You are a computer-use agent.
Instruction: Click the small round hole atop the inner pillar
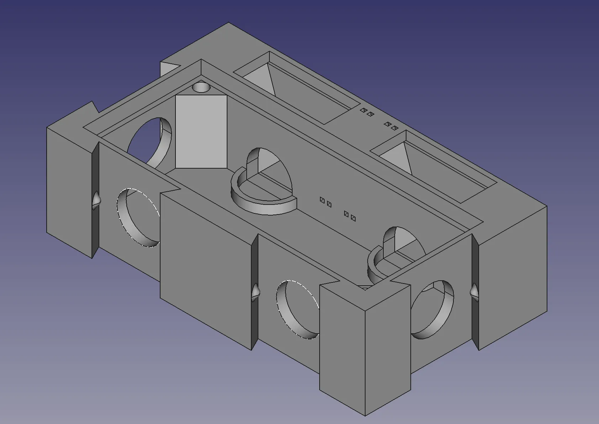tap(201, 87)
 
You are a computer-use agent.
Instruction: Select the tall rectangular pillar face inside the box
tap(201, 132)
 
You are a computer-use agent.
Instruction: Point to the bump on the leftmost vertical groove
tap(96, 200)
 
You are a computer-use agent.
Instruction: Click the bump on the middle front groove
tap(256, 292)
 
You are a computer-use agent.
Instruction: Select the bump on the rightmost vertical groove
tap(475, 292)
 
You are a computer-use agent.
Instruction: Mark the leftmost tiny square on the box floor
tap(322, 200)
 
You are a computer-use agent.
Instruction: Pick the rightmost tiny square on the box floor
tap(353, 218)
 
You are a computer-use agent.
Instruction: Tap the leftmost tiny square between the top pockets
tap(363, 110)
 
